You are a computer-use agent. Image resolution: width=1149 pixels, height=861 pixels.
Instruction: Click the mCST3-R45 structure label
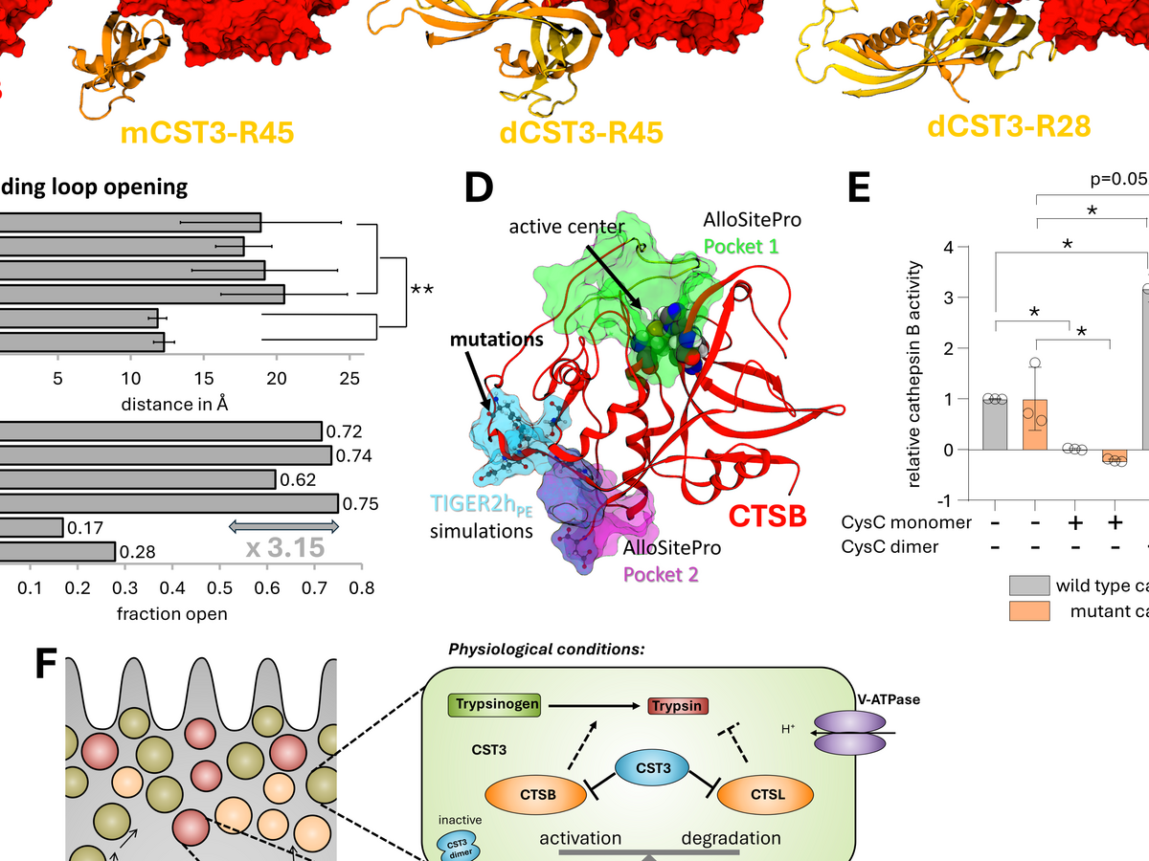pyautogui.click(x=207, y=133)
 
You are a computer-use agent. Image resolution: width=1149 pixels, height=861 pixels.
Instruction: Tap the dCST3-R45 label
pyautogui.click(x=581, y=132)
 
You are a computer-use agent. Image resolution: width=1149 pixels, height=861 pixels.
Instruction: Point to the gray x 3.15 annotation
pyautogui.click(x=284, y=548)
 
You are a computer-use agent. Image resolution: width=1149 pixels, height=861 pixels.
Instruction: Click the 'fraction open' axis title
pyautogui.click(x=171, y=613)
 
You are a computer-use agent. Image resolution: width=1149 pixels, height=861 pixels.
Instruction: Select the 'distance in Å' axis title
pyautogui.click(x=171, y=404)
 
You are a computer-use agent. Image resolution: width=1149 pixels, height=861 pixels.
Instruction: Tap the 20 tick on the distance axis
pyautogui.click(x=277, y=377)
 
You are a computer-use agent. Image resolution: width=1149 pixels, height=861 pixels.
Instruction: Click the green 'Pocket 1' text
pyautogui.click(x=741, y=246)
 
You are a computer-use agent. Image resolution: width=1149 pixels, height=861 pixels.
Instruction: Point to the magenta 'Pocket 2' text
pyautogui.click(x=661, y=574)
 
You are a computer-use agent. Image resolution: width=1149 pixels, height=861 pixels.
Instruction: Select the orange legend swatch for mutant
pyautogui.click(x=1029, y=610)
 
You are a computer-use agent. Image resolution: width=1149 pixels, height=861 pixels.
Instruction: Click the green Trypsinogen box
pyautogui.click(x=494, y=705)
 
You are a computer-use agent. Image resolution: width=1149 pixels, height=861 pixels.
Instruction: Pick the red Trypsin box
pyautogui.click(x=678, y=706)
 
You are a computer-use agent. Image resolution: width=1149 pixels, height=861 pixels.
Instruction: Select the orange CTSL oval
pyautogui.click(x=765, y=793)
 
